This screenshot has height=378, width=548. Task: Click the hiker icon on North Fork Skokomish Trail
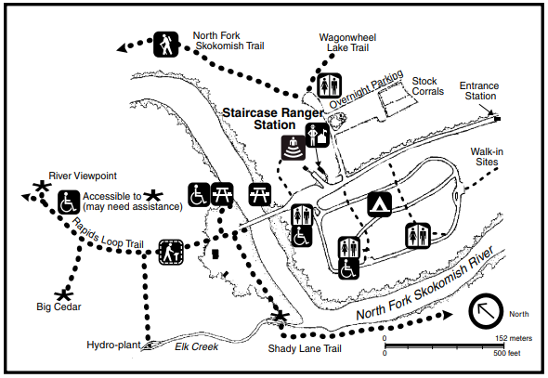coord(166,45)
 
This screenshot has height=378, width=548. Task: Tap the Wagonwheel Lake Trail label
coord(347,43)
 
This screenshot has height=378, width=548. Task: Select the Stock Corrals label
coord(428,86)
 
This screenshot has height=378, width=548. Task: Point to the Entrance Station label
coord(479,91)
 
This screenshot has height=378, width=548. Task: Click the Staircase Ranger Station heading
coord(273,119)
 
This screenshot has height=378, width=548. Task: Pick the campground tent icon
coord(380,204)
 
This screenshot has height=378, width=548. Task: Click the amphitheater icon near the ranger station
coord(294,148)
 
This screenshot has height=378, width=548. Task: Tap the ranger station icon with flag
coord(318,135)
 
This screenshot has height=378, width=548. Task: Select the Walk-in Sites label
coord(487,157)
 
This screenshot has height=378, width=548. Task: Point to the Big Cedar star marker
coord(64,295)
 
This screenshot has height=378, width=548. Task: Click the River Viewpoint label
coord(83,176)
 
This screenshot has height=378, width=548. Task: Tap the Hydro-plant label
coord(113,345)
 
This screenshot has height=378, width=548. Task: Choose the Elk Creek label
coord(196,346)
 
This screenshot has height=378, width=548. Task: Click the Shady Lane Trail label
coord(305,348)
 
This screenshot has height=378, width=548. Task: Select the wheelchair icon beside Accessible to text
coord(69,202)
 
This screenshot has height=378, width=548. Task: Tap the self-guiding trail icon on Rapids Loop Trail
coord(171,252)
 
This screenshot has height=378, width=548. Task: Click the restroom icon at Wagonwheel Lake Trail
coord(329,85)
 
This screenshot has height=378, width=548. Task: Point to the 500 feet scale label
coord(507,353)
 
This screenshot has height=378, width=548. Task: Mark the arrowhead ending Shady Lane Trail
coord(448,315)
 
